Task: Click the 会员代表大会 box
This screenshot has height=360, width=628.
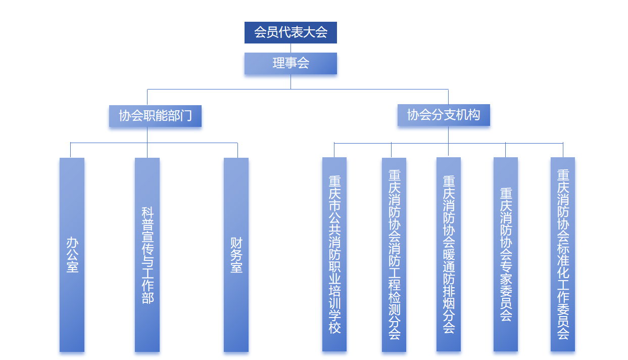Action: point(291,32)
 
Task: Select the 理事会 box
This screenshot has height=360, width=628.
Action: point(291,63)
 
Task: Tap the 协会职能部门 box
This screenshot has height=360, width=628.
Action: point(155,116)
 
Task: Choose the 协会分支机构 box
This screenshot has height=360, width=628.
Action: point(444,115)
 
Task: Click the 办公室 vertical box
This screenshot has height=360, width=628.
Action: point(72,254)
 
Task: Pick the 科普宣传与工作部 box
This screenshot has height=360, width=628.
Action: point(147,254)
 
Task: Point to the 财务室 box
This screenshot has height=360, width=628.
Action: point(236,254)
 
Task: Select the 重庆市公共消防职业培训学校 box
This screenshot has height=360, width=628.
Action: point(334,254)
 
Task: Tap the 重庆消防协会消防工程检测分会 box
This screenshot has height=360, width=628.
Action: point(394,254)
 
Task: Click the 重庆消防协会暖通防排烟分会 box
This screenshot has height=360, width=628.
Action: point(449,254)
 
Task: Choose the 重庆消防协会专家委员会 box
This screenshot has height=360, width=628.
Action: point(506,254)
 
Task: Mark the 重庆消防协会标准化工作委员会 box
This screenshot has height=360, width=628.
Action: point(563,254)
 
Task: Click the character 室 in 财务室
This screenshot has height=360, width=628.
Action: point(236,267)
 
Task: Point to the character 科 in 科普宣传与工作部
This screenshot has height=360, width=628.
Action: point(148,212)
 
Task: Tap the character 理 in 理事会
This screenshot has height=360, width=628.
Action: point(278,63)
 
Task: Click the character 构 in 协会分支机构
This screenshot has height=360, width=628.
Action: point(474,115)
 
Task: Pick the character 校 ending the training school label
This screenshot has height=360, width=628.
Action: point(334,327)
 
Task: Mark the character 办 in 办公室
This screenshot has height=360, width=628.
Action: point(72,242)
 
